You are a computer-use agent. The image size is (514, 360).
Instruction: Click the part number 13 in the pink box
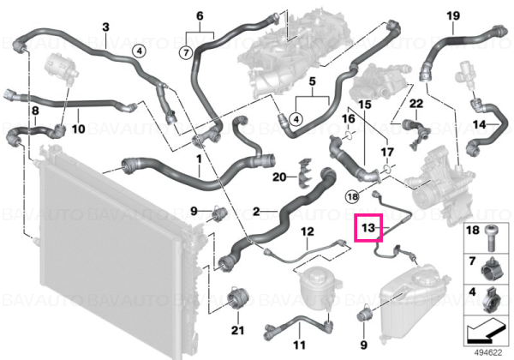tap(368, 227)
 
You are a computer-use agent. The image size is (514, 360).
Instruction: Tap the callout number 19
tap(453, 15)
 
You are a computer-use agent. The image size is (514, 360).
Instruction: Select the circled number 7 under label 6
tap(186, 52)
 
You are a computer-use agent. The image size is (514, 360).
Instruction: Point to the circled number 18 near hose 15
tap(353, 197)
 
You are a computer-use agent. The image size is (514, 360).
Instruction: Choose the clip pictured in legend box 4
tap(492, 300)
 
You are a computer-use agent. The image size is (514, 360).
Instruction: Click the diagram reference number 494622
tap(488, 353)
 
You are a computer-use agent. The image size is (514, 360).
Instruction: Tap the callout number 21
tap(237, 330)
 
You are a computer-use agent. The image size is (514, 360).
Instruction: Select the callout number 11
tap(299, 345)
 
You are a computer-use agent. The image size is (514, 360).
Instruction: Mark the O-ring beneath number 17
tap(387, 169)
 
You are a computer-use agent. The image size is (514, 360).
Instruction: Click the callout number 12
tap(308, 231)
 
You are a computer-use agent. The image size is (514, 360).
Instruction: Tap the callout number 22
tap(416, 104)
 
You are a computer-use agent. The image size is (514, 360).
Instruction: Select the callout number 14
tap(479, 124)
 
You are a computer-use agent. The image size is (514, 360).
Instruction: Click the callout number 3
tap(105, 27)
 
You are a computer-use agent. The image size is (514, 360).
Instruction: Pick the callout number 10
tap(78, 129)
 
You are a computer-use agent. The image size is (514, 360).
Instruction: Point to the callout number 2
tap(256, 212)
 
